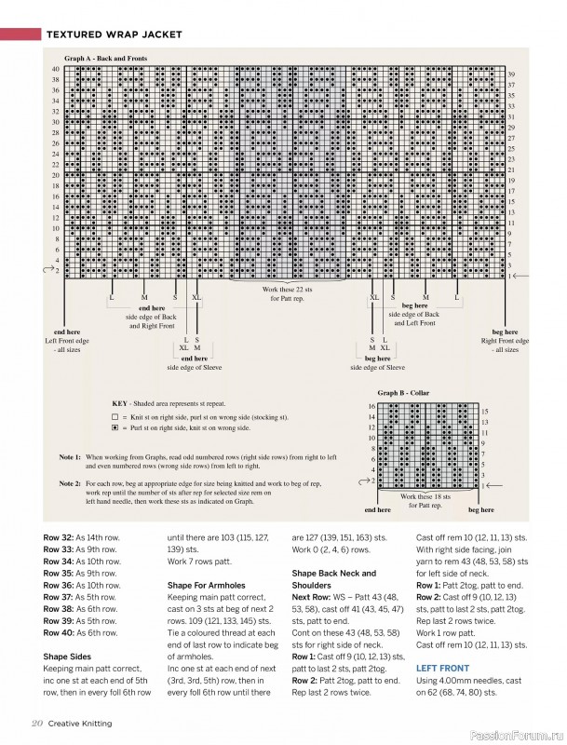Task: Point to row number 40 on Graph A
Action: (x=55, y=69)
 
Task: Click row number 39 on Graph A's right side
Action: (x=511, y=74)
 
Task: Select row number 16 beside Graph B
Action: (x=371, y=406)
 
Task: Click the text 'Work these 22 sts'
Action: (x=289, y=290)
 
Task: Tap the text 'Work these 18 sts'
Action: (x=428, y=496)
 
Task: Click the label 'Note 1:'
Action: (x=70, y=458)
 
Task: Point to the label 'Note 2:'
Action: (x=70, y=484)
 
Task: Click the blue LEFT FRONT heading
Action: (x=440, y=669)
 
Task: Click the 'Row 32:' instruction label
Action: (x=59, y=538)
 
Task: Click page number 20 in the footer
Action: (x=36, y=724)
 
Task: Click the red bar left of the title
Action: (x=18, y=35)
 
